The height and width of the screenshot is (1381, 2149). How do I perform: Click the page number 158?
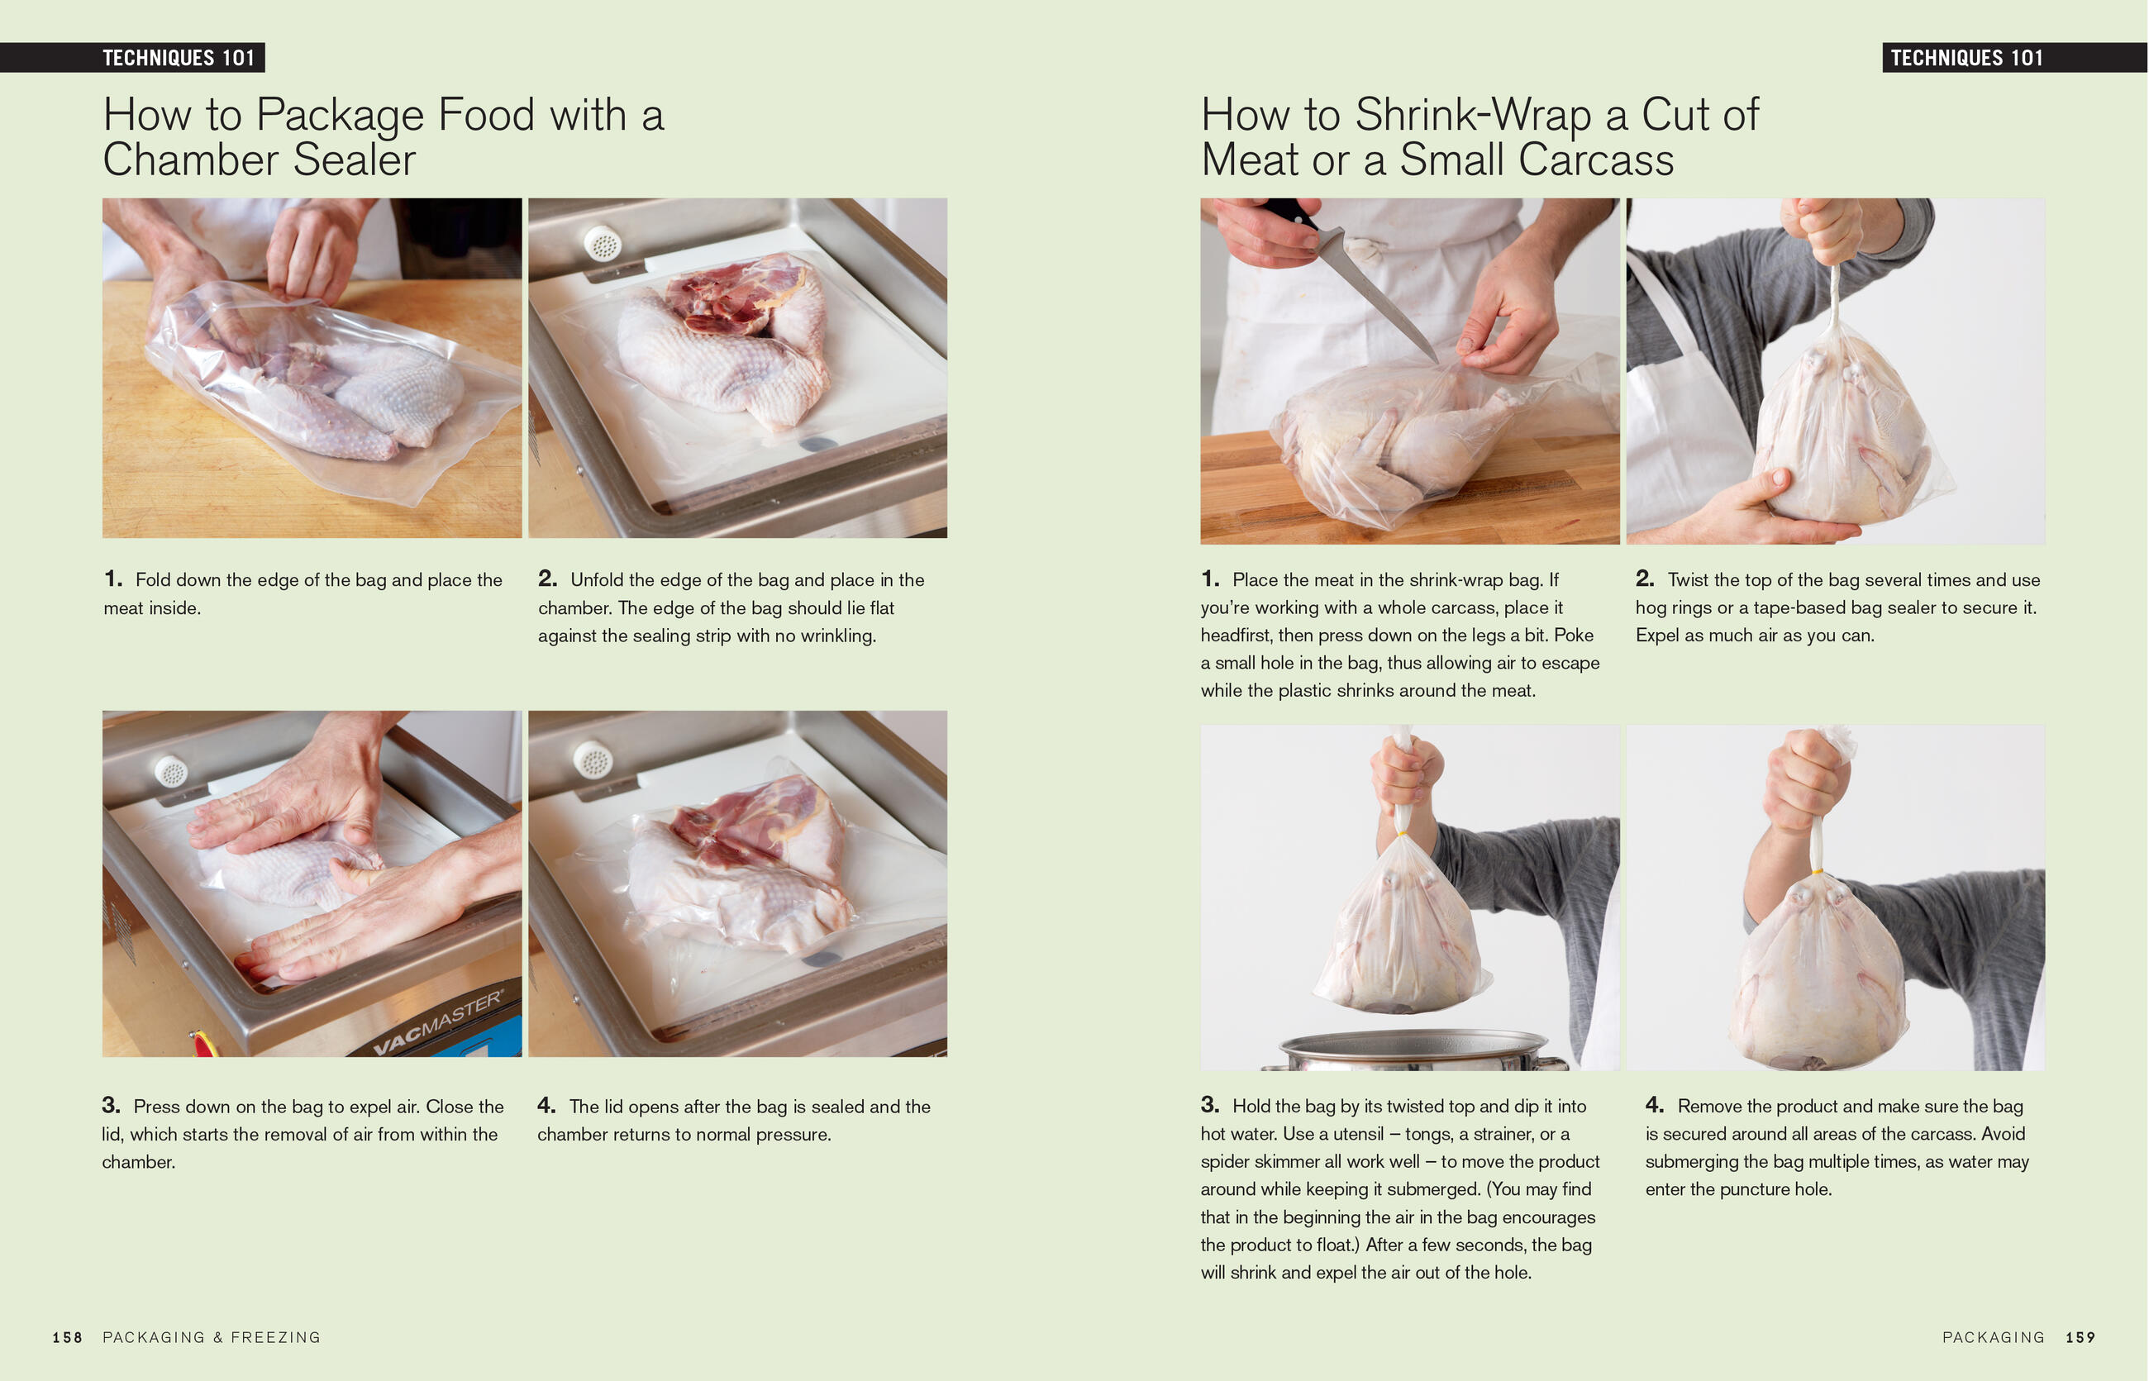(x=67, y=1337)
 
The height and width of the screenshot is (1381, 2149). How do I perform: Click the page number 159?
(x=2080, y=1337)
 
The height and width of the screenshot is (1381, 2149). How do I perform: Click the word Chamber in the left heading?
(x=191, y=160)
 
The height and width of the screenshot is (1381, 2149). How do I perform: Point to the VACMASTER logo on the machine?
(x=438, y=1022)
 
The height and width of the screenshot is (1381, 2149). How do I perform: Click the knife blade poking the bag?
(x=1381, y=297)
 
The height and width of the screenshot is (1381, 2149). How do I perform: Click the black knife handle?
(x=1287, y=213)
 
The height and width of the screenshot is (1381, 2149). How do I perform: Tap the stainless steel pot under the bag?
(x=1414, y=1050)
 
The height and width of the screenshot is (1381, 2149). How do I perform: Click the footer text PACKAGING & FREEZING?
(x=212, y=1337)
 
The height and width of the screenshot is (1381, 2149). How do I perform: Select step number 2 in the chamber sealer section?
(x=547, y=579)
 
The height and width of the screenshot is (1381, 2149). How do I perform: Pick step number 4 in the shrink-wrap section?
(x=1654, y=1105)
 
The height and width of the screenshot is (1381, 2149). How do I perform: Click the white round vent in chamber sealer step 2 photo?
(x=602, y=242)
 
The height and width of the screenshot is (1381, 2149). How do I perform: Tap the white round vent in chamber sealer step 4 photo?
(x=592, y=760)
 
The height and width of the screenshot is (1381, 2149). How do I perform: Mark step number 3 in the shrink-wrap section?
(x=1210, y=1105)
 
